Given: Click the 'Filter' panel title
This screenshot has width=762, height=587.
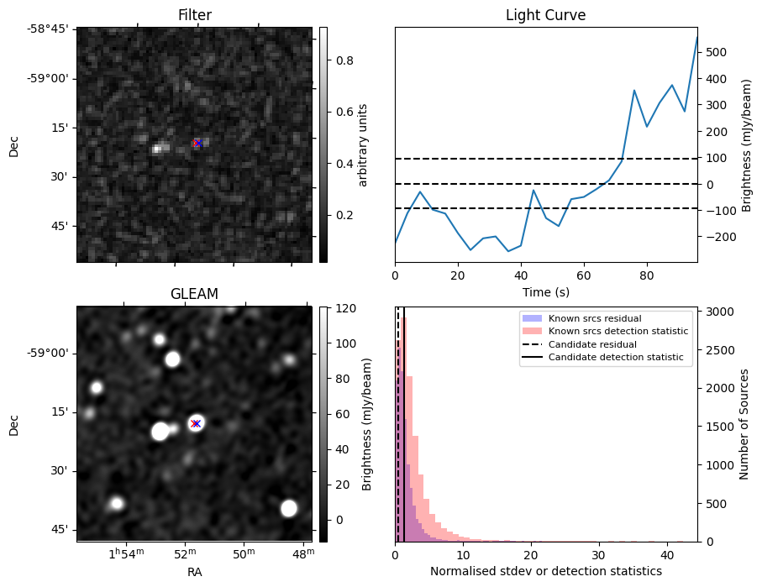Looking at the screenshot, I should (x=195, y=15).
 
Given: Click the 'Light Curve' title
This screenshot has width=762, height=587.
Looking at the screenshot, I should (x=545, y=15).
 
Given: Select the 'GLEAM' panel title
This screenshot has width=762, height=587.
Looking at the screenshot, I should (x=195, y=294).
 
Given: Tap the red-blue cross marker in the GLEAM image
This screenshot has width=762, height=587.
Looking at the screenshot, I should (x=196, y=423).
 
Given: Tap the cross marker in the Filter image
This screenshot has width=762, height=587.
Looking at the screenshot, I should (x=197, y=144).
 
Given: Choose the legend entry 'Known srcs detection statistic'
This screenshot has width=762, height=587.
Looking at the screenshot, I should (x=617, y=332).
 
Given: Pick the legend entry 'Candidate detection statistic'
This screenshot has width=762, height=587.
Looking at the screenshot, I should (x=615, y=359).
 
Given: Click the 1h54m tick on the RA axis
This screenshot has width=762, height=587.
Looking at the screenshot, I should (x=123, y=555).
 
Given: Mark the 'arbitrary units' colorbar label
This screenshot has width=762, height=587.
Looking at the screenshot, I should (x=363, y=144).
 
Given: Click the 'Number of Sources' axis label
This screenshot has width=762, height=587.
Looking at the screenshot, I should (x=744, y=424).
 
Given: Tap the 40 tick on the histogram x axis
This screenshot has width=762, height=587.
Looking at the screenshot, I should (x=665, y=555).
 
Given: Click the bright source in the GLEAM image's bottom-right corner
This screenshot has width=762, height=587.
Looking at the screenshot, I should (x=289, y=508).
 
